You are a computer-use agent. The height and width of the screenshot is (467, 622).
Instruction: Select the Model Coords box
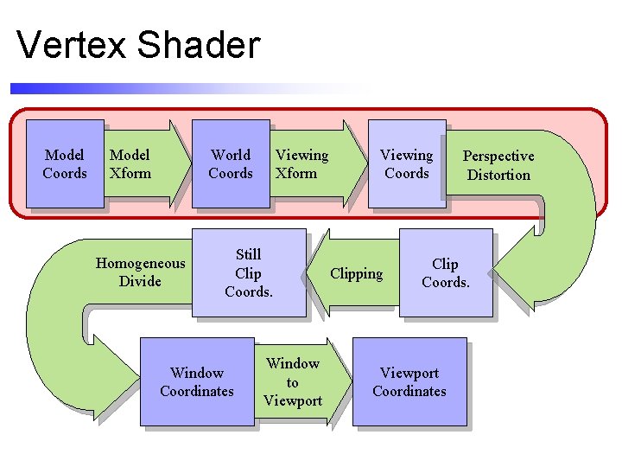[x=65, y=163]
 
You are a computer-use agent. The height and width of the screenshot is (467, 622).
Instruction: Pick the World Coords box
[x=231, y=163]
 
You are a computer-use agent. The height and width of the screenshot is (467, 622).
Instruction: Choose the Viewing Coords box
[x=407, y=163]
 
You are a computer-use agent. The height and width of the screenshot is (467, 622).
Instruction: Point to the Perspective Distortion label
[x=498, y=165]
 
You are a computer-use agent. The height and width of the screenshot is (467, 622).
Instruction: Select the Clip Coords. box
[x=446, y=273]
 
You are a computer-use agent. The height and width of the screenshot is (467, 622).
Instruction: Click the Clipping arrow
[x=355, y=273]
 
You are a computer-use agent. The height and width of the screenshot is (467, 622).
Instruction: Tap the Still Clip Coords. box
[x=249, y=273]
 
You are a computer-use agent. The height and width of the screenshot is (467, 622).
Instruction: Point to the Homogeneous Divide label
[x=140, y=272]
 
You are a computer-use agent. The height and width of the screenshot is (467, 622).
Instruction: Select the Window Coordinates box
[x=197, y=381]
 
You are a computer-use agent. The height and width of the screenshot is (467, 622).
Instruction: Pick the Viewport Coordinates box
[x=409, y=381]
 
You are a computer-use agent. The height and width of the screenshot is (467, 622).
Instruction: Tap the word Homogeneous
[x=140, y=263]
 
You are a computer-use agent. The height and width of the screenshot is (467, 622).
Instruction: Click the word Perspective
[x=498, y=157]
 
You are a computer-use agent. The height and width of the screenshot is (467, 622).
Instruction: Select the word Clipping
[x=357, y=274]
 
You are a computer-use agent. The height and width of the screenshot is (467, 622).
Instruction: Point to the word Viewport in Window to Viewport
[x=293, y=400]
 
